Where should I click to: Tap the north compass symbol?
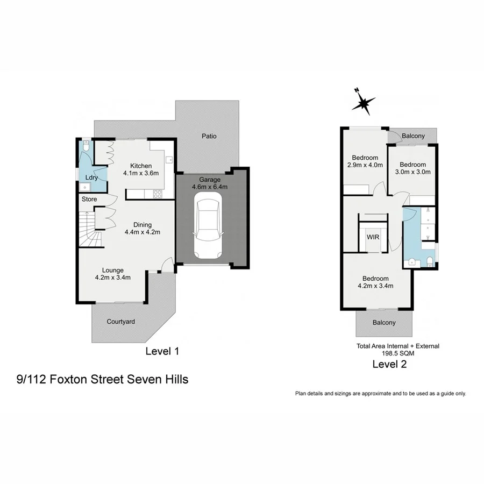click(x=364, y=102)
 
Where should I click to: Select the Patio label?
click(x=209, y=136)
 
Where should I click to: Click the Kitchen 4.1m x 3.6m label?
click(x=138, y=169)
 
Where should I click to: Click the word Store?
click(x=89, y=200)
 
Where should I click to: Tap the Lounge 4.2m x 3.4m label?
click(x=113, y=274)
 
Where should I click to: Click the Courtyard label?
click(x=120, y=322)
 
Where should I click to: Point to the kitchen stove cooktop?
click(x=158, y=194)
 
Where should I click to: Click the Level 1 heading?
click(x=162, y=351)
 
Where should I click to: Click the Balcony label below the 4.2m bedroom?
click(x=384, y=323)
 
